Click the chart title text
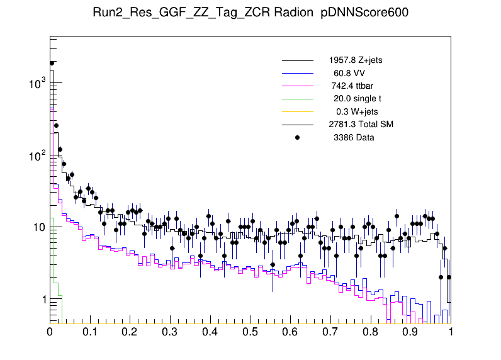pos(250,13)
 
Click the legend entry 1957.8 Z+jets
pos(355,60)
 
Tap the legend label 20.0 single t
pos(357,99)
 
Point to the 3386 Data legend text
pos(354,137)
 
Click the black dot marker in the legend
pos(298,137)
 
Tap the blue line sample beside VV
pos(298,73)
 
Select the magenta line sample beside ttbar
pos(298,86)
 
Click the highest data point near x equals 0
pos(52,63)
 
